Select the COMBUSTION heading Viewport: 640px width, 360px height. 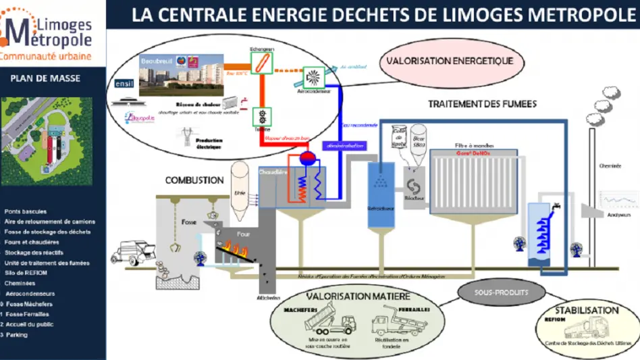point(195,181)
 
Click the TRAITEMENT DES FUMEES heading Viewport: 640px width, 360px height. point(483,104)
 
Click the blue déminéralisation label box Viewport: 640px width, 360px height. point(346,145)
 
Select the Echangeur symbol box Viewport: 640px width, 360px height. point(261,63)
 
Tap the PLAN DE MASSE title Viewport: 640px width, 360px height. point(45,78)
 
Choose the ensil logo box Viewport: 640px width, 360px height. point(124,84)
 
